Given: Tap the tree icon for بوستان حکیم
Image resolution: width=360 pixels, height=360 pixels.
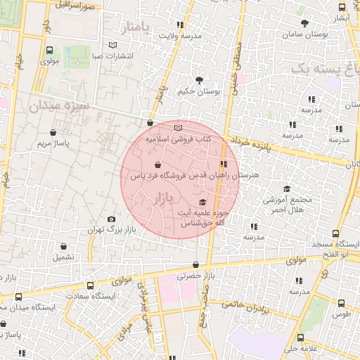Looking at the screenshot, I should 199,79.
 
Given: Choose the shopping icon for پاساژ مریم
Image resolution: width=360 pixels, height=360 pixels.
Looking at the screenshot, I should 53,131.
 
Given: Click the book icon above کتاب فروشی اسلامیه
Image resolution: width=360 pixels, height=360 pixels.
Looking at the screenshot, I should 178,128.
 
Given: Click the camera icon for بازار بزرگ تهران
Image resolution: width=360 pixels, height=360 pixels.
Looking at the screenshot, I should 111,219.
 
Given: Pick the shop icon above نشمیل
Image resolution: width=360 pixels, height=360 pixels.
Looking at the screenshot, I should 65,247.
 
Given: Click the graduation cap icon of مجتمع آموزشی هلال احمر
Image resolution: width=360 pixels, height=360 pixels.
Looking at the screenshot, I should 286,188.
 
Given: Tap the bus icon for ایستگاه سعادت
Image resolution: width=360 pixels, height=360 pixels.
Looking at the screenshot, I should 89,285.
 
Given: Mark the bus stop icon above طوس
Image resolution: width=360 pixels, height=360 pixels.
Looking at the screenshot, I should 342,303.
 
